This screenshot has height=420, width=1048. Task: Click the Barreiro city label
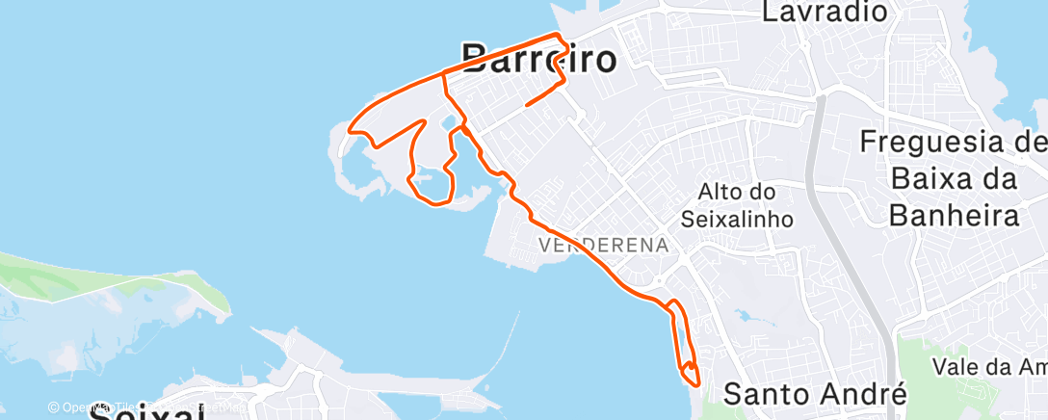[x=539, y=60]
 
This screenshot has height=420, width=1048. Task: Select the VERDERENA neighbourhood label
[x=603, y=245]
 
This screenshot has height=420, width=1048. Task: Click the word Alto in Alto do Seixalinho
[x=731, y=193]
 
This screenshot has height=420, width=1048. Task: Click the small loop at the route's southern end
[x=690, y=372]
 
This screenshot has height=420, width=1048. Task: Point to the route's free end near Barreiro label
[x=525, y=105]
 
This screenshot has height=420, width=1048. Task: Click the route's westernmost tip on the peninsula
[x=348, y=128]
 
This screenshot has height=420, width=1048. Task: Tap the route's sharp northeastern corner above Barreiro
[x=557, y=35]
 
